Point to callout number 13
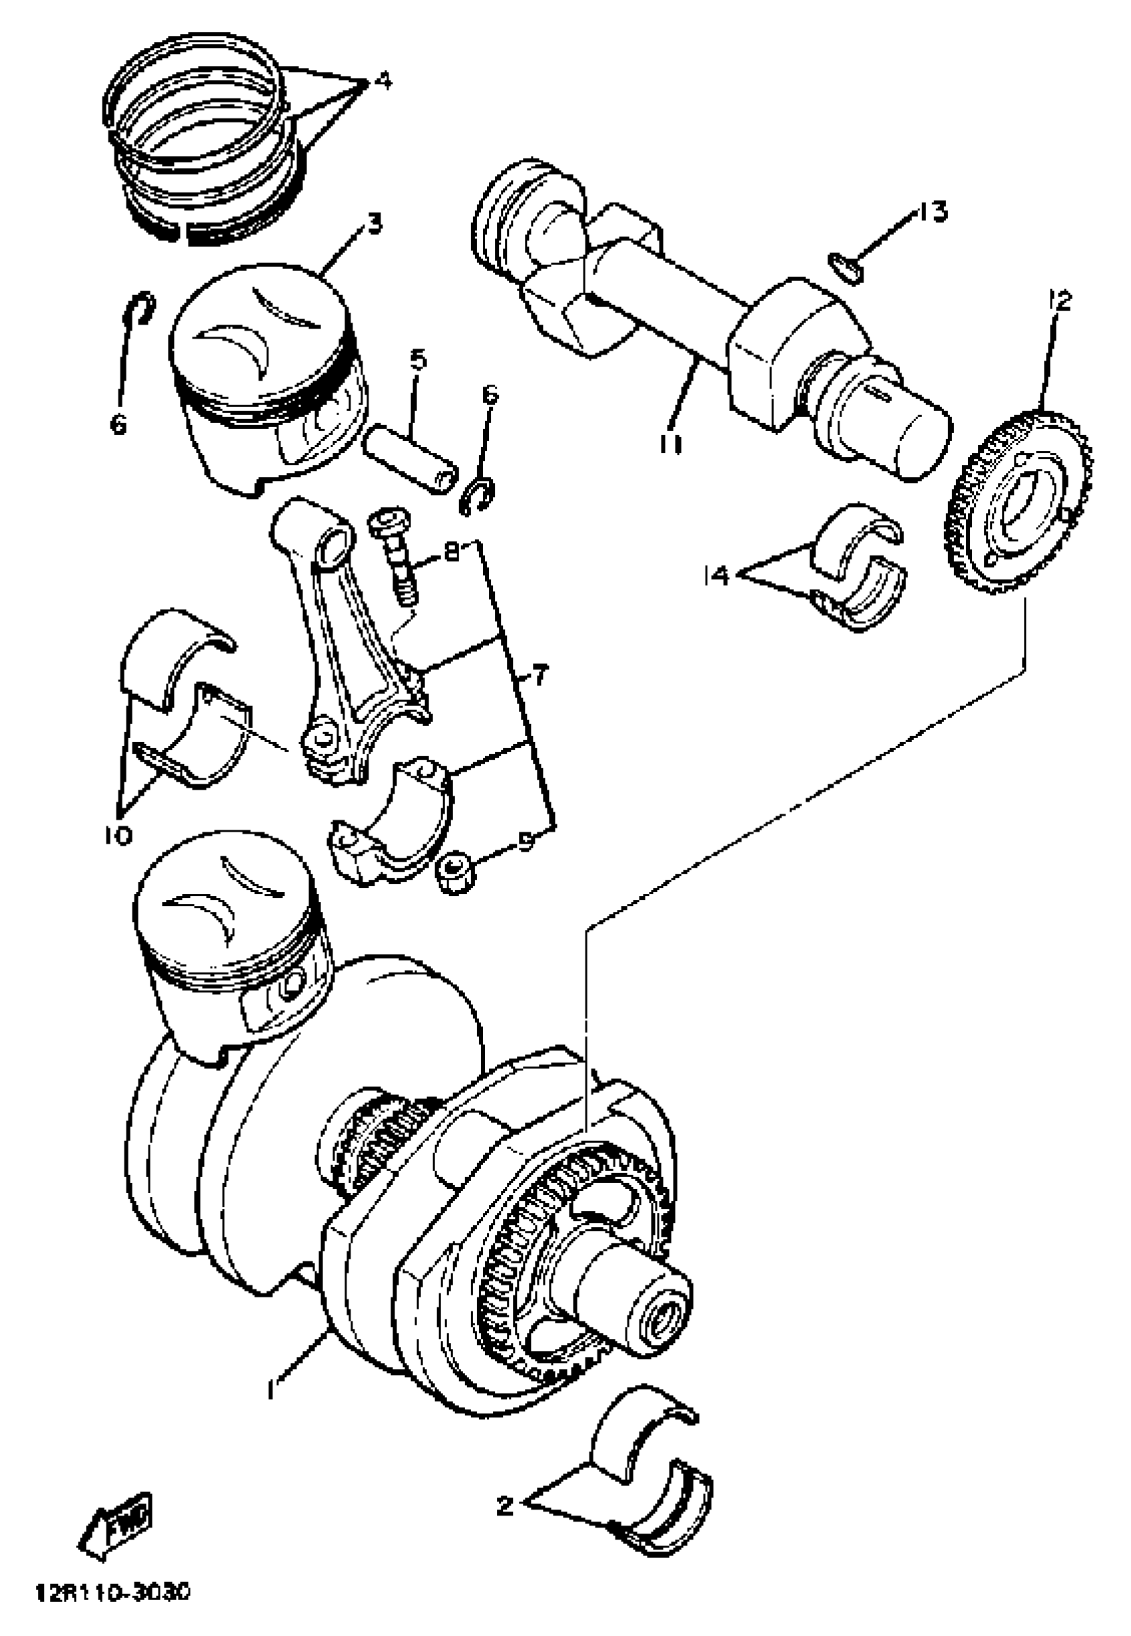point(933,212)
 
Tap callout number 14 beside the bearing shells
point(717,575)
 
